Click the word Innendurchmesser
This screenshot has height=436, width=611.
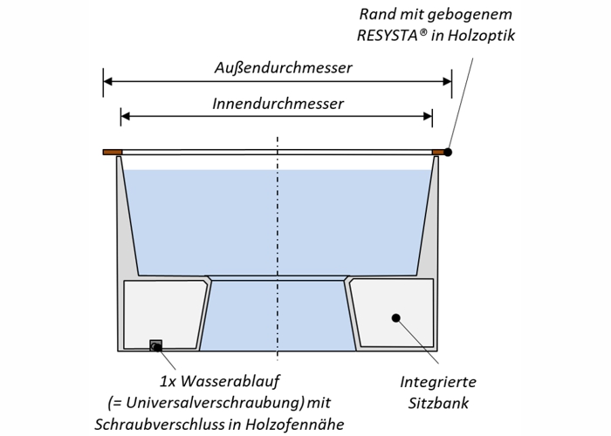pyautogui.click(x=278, y=103)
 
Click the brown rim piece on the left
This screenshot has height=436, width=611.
pyautogui.click(x=112, y=152)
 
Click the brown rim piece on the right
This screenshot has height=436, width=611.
pyautogui.click(x=439, y=152)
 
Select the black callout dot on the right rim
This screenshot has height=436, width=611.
pyautogui.click(x=448, y=152)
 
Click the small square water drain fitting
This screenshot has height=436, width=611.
pyautogui.click(x=157, y=345)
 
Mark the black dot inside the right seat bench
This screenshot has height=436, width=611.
pyautogui.click(x=395, y=318)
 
